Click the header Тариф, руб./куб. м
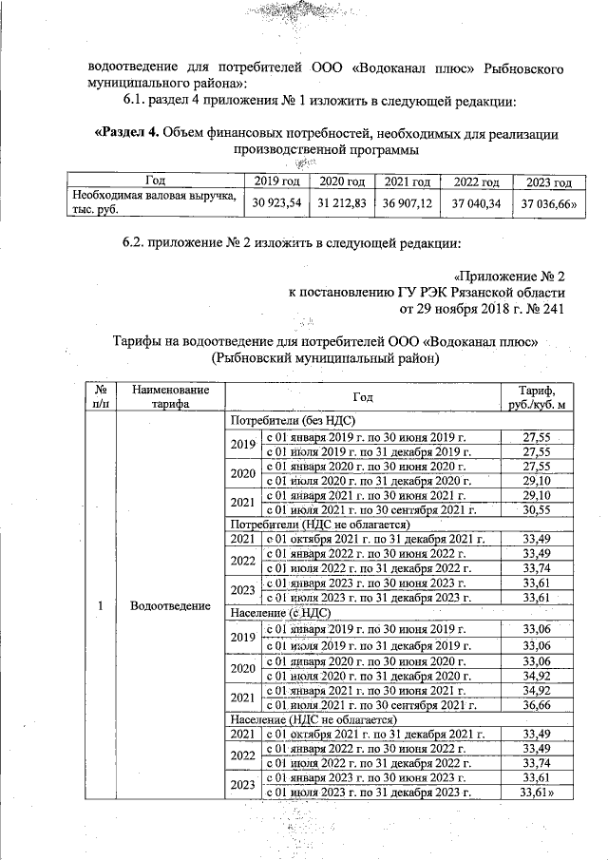537,396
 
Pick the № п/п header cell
99,396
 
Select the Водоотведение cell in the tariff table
171,606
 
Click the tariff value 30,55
537,509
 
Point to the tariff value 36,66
537,704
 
